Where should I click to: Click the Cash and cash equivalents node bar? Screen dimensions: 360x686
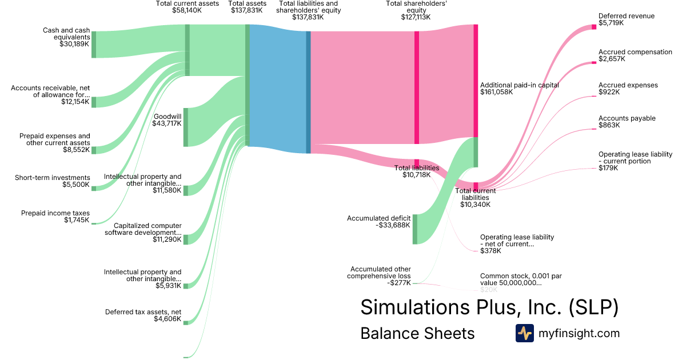pos(94,45)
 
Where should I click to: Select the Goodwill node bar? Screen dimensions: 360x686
pos(185,127)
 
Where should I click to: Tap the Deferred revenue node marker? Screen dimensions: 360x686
pos(593,27)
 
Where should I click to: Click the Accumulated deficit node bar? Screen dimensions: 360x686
pos(415,229)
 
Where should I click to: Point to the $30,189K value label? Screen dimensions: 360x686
pos(74,43)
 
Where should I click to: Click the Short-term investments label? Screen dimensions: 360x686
pos(53,178)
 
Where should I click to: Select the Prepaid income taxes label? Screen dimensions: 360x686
pos(55,213)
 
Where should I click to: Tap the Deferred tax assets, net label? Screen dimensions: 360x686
pos(143,312)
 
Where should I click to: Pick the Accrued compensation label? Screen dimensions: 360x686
pos(635,52)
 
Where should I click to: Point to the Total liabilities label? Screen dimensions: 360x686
pos(417,168)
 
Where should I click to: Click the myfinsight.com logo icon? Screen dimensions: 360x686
pos(524,333)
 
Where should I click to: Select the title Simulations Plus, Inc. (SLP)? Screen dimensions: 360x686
pos(489,307)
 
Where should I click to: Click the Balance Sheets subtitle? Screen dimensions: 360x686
pos(417,333)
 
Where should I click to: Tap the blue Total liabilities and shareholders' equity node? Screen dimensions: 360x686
pos(308,92)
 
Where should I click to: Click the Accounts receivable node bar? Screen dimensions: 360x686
pos(94,102)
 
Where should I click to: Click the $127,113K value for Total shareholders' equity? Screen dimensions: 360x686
pos(416,17)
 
